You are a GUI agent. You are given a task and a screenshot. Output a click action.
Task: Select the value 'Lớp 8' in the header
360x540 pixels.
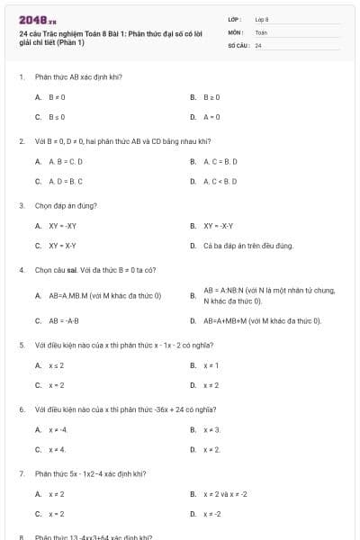click(262, 19)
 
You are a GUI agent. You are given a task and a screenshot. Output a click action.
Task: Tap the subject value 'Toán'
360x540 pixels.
click(261, 31)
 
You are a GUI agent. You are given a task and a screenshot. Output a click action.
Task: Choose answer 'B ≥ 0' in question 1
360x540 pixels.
click(212, 96)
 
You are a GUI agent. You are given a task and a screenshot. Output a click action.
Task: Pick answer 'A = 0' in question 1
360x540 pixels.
click(212, 117)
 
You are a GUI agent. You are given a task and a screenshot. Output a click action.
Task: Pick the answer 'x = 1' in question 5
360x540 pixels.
click(211, 365)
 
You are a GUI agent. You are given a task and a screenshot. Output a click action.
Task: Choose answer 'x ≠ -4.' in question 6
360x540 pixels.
click(58, 429)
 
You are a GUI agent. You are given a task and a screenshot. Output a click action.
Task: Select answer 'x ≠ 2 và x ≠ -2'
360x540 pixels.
click(225, 494)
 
